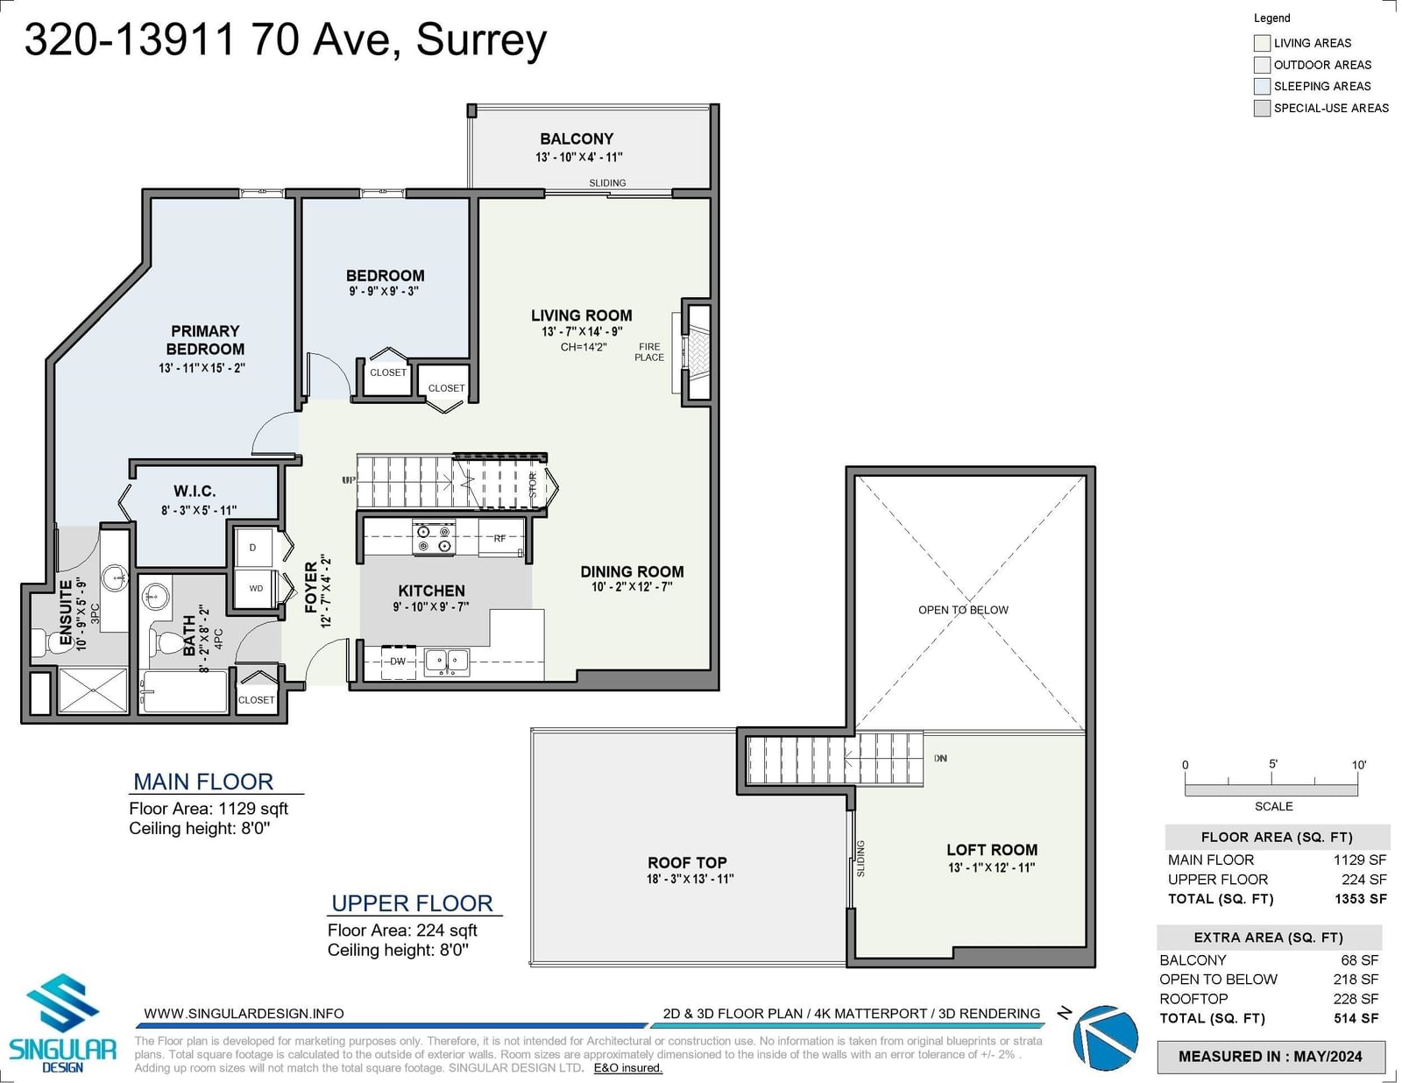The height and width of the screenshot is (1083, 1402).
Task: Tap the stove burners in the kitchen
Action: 435,538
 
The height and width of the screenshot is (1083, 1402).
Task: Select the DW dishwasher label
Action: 398,662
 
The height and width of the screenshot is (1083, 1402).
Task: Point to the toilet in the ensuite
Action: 46,642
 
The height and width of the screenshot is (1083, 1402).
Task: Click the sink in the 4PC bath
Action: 155,596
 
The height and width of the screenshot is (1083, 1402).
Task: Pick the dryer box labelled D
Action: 253,548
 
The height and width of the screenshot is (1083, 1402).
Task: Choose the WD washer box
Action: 256,588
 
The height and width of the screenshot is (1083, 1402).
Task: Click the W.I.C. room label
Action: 195,492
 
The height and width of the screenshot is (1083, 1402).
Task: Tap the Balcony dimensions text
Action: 578,157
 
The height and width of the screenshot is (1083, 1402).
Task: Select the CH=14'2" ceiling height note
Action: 584,347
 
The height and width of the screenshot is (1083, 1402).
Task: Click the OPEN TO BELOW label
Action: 963,610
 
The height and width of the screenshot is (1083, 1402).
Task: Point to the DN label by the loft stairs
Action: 941,758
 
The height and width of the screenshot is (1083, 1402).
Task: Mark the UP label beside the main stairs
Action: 349,480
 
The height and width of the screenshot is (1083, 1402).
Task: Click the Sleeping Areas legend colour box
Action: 1262,86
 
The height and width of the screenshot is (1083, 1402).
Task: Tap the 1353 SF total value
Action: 1360,898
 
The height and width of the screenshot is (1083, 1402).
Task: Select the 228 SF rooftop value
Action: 1356,999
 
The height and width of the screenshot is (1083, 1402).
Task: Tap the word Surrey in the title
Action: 481,41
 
